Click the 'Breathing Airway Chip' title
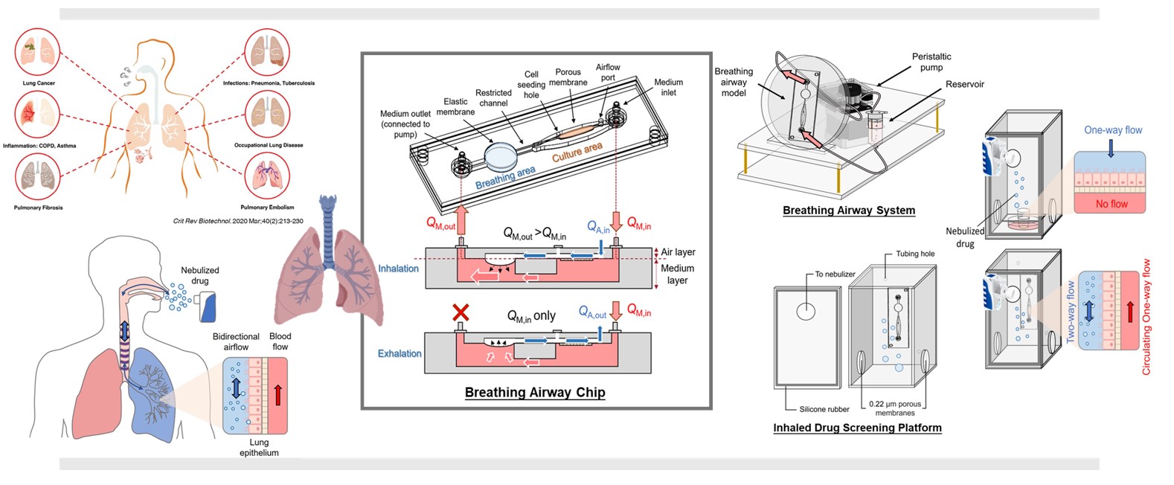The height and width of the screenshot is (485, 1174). coord(535,392)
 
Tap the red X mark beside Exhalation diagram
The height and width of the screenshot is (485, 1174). coord(461,312)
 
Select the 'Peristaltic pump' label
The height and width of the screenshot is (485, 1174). coord(931,62)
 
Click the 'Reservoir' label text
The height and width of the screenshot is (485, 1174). coord(965,84)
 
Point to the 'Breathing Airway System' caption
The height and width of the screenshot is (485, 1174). coord(848,210)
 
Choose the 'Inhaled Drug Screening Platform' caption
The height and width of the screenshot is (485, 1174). coord(857,428)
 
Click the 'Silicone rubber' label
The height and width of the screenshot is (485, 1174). coord(824,409)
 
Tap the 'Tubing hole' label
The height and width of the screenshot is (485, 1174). coord(915,254)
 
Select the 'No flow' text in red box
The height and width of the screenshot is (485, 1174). coord(1112,204)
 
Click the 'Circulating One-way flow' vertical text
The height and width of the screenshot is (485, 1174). coord(1146,317)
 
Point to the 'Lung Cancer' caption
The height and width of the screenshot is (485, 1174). coord(39,83)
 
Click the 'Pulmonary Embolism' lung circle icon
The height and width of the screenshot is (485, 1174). coord(267,179)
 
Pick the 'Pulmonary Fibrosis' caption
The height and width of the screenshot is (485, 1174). coord(38,208)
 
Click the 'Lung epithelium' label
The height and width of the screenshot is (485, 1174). coord(259,447)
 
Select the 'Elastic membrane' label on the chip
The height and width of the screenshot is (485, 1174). coord(455,106)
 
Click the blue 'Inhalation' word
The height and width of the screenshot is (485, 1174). coord(399,269)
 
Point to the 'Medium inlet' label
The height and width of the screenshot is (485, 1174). coord(668,87)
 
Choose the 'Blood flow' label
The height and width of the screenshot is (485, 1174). coord(280,341)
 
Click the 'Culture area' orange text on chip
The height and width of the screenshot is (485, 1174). coord(577,152)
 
